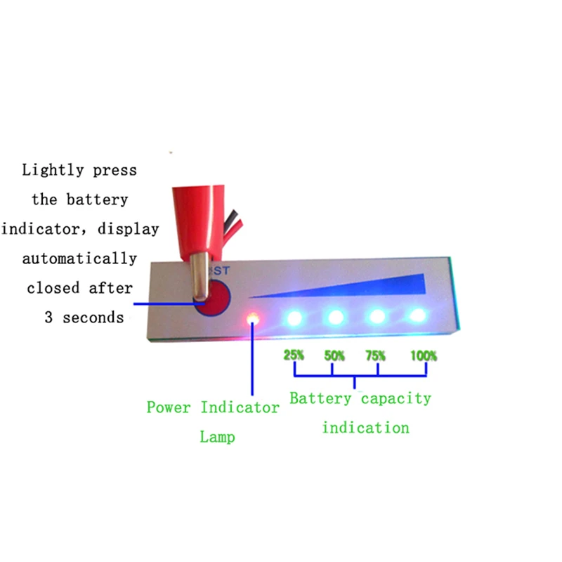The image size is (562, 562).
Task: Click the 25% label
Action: tap(294, 355)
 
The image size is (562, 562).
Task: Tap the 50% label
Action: tap(334, 355)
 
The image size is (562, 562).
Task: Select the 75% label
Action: tap(375, 355)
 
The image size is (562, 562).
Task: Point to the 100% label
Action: tap(424, 355)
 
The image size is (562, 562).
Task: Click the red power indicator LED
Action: tap(253, 318)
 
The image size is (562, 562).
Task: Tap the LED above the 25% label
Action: tap(294, 318)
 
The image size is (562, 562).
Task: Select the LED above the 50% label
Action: tap(336, 318)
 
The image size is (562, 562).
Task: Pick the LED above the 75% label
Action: tap(377, 317)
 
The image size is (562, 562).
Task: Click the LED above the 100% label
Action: tap(417, 315)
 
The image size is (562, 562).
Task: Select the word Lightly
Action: tap(53, 170)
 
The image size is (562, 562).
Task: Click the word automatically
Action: tap(79, 259)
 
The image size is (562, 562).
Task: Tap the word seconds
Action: tap(93, 318)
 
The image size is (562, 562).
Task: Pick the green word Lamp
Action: tap(217, 437)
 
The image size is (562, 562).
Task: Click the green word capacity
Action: tap(396, 398)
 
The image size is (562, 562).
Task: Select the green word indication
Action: tap(365, 428)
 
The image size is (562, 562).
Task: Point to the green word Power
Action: tap(169, 407)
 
